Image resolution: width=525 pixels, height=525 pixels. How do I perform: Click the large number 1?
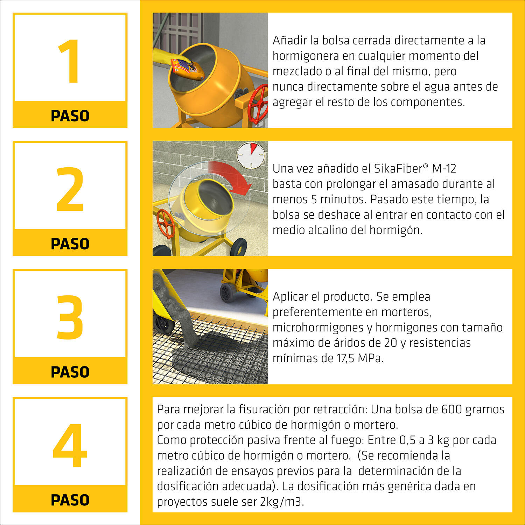(x=69, y=61)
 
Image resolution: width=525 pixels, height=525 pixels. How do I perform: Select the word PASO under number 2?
(x=70, y=244)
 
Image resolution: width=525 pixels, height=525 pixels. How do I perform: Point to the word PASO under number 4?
(x=70, y=500)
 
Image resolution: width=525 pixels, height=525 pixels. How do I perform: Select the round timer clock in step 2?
(x=251, y=154)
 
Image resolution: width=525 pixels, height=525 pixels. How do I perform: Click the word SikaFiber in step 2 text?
(x=398, y=169)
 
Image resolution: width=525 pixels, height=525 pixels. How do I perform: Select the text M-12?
(x=444, y=169)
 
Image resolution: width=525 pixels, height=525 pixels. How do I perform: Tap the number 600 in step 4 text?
(x=451, y=409)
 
